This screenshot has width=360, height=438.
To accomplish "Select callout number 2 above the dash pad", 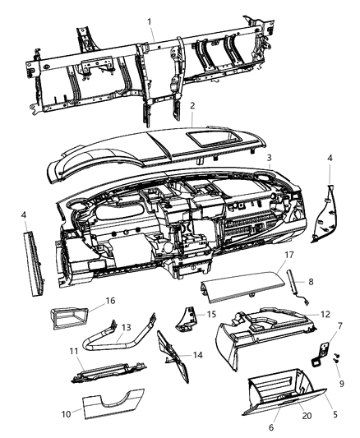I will (192, 105).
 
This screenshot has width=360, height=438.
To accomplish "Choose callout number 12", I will (325, 314).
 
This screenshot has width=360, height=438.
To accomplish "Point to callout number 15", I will (211, 314).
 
